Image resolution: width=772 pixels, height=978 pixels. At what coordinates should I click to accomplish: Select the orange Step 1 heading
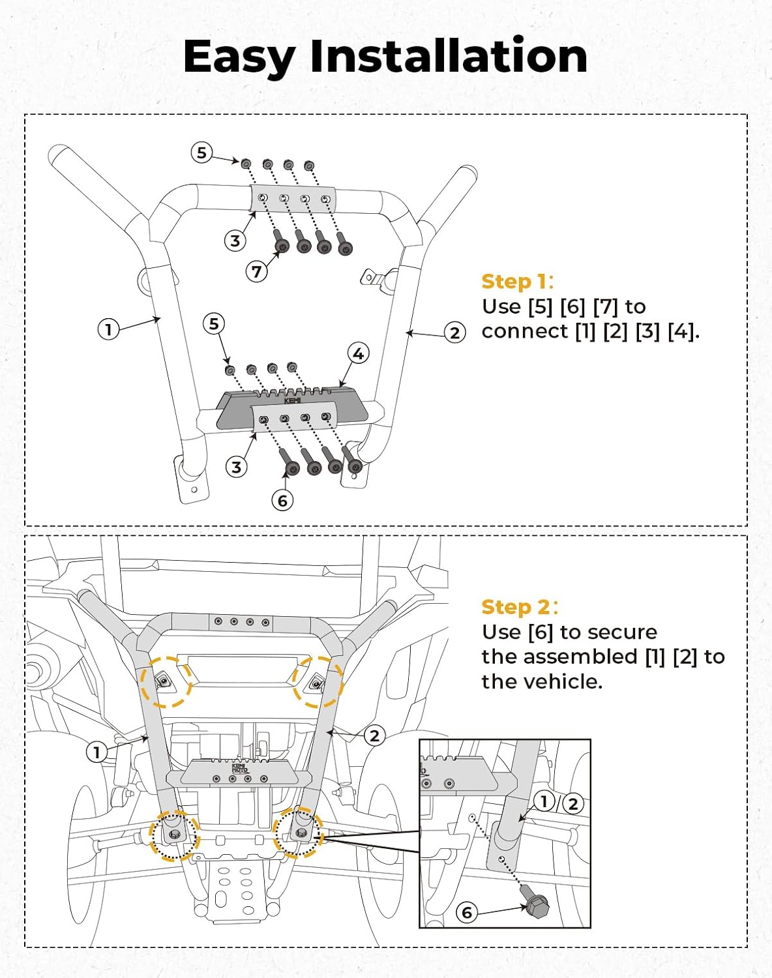pos(517,282)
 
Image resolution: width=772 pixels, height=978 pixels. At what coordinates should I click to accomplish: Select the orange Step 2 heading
pos(519,607)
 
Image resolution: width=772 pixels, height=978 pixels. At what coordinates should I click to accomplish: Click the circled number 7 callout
pos(257,271)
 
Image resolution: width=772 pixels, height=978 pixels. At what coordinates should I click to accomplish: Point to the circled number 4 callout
pos(358,353)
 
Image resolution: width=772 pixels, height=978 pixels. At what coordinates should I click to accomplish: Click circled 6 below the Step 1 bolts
pos(282,500)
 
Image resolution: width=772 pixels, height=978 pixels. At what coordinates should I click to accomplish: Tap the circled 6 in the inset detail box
pos(466,911)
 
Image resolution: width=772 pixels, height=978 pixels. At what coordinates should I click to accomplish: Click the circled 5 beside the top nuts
pos(201,153)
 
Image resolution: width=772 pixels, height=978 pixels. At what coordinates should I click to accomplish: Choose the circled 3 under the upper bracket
pos(235,241)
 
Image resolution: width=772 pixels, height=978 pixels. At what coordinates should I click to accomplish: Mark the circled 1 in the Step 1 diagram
pos(108,329)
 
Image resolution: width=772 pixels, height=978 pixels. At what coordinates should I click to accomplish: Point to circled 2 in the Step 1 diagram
pos(454,333)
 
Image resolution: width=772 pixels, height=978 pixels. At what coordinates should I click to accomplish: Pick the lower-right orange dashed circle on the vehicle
pos(298,833)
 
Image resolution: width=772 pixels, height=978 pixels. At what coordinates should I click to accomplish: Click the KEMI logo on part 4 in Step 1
pos(293,401)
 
